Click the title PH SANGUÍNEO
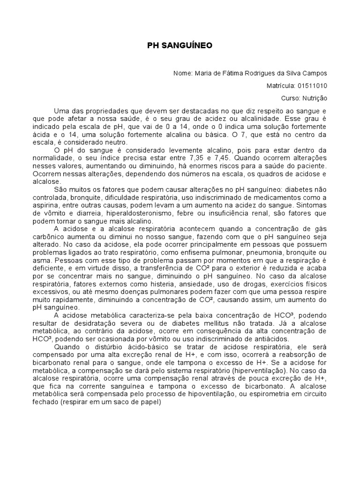coord(180,45)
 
